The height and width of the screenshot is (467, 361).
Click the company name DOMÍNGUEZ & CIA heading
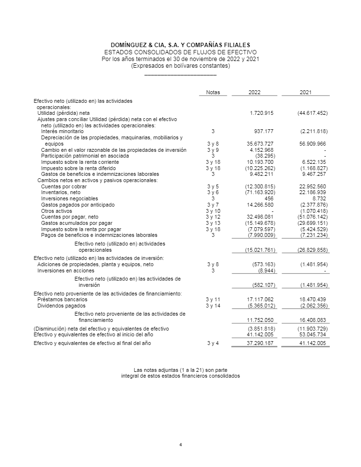180,45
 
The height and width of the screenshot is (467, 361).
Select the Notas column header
212,92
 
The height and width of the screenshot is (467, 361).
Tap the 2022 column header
254,92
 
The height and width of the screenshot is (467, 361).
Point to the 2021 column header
305,92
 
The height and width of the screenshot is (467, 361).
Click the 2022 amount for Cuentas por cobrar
260,186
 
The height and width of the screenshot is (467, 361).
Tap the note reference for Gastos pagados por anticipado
212,205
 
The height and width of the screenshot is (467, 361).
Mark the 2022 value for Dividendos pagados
260,306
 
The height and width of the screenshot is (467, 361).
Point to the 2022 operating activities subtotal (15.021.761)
260,250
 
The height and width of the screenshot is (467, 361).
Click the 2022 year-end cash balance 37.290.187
260,344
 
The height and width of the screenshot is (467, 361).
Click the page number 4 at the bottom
180,444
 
